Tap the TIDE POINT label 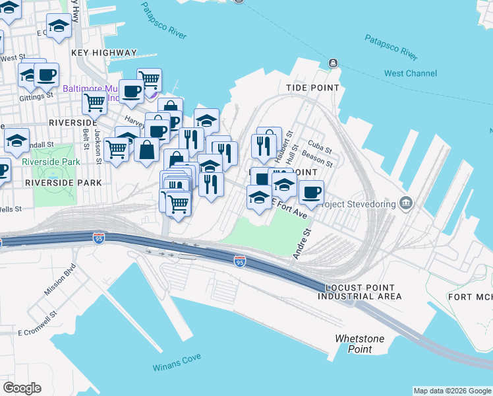tap(312, 87)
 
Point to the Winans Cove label tap(177, 366)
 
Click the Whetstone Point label tap(359, 344)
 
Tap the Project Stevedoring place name tap(357, 204)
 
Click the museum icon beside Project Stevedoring tap(407, 203)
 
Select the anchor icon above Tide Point tap(333, 63)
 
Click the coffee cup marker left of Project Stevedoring tap(311, 192)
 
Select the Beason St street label tap(317, 158)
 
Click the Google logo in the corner tap(22, 388)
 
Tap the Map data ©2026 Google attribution tap(451, 391)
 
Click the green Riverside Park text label tap(51, 161)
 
